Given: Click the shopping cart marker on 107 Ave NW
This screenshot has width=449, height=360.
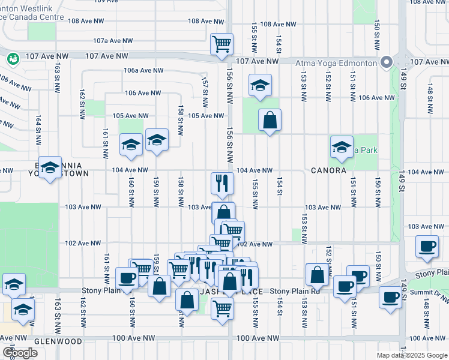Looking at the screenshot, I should (x=222, y=44).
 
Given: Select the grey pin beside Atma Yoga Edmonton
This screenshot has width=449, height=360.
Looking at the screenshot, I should (x=386, y=62).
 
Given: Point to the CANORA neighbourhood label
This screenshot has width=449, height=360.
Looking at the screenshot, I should (x=328, y=170).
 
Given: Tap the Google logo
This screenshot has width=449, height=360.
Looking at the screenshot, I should (x=20, y=353).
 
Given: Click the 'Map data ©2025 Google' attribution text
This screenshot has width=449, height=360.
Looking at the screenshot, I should (x=411, y=355).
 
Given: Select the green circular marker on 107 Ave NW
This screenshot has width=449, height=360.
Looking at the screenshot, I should (x=13, y=59).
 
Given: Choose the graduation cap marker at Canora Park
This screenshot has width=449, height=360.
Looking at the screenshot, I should (x=342, y=147).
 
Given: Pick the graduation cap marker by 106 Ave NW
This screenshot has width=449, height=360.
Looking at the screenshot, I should (x=260, y=85).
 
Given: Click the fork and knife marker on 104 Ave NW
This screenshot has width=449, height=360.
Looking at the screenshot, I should (x=222, y=183).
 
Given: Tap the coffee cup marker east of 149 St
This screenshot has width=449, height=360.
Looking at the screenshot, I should (x=427, y=247).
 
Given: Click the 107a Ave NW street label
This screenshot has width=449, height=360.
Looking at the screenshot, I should (x=112, y=41).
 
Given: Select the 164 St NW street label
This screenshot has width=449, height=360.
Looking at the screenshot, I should (x=38, y=128).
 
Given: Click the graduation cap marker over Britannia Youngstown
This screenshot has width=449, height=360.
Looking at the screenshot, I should (x=50, y=169).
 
